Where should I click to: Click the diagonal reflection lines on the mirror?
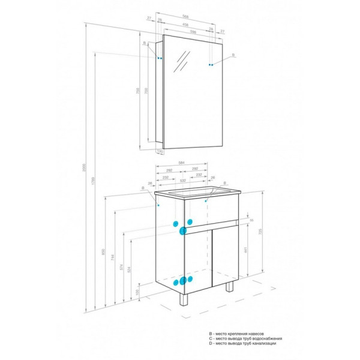tap(182, 60)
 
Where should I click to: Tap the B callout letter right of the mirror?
tap(234, 55)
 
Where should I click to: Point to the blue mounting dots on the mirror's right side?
tap(211, 64)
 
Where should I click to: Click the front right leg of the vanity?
tap(230, 289)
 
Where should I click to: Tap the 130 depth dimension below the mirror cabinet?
tap(160, 151)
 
